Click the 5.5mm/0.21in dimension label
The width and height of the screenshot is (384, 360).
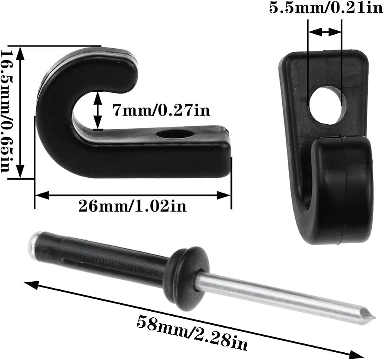tap(326, 8)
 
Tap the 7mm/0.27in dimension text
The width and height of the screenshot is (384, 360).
tap(161, 111)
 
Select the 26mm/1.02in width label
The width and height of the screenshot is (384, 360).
tap(132, 206)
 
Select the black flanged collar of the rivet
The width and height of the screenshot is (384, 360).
tap(189, 279)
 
